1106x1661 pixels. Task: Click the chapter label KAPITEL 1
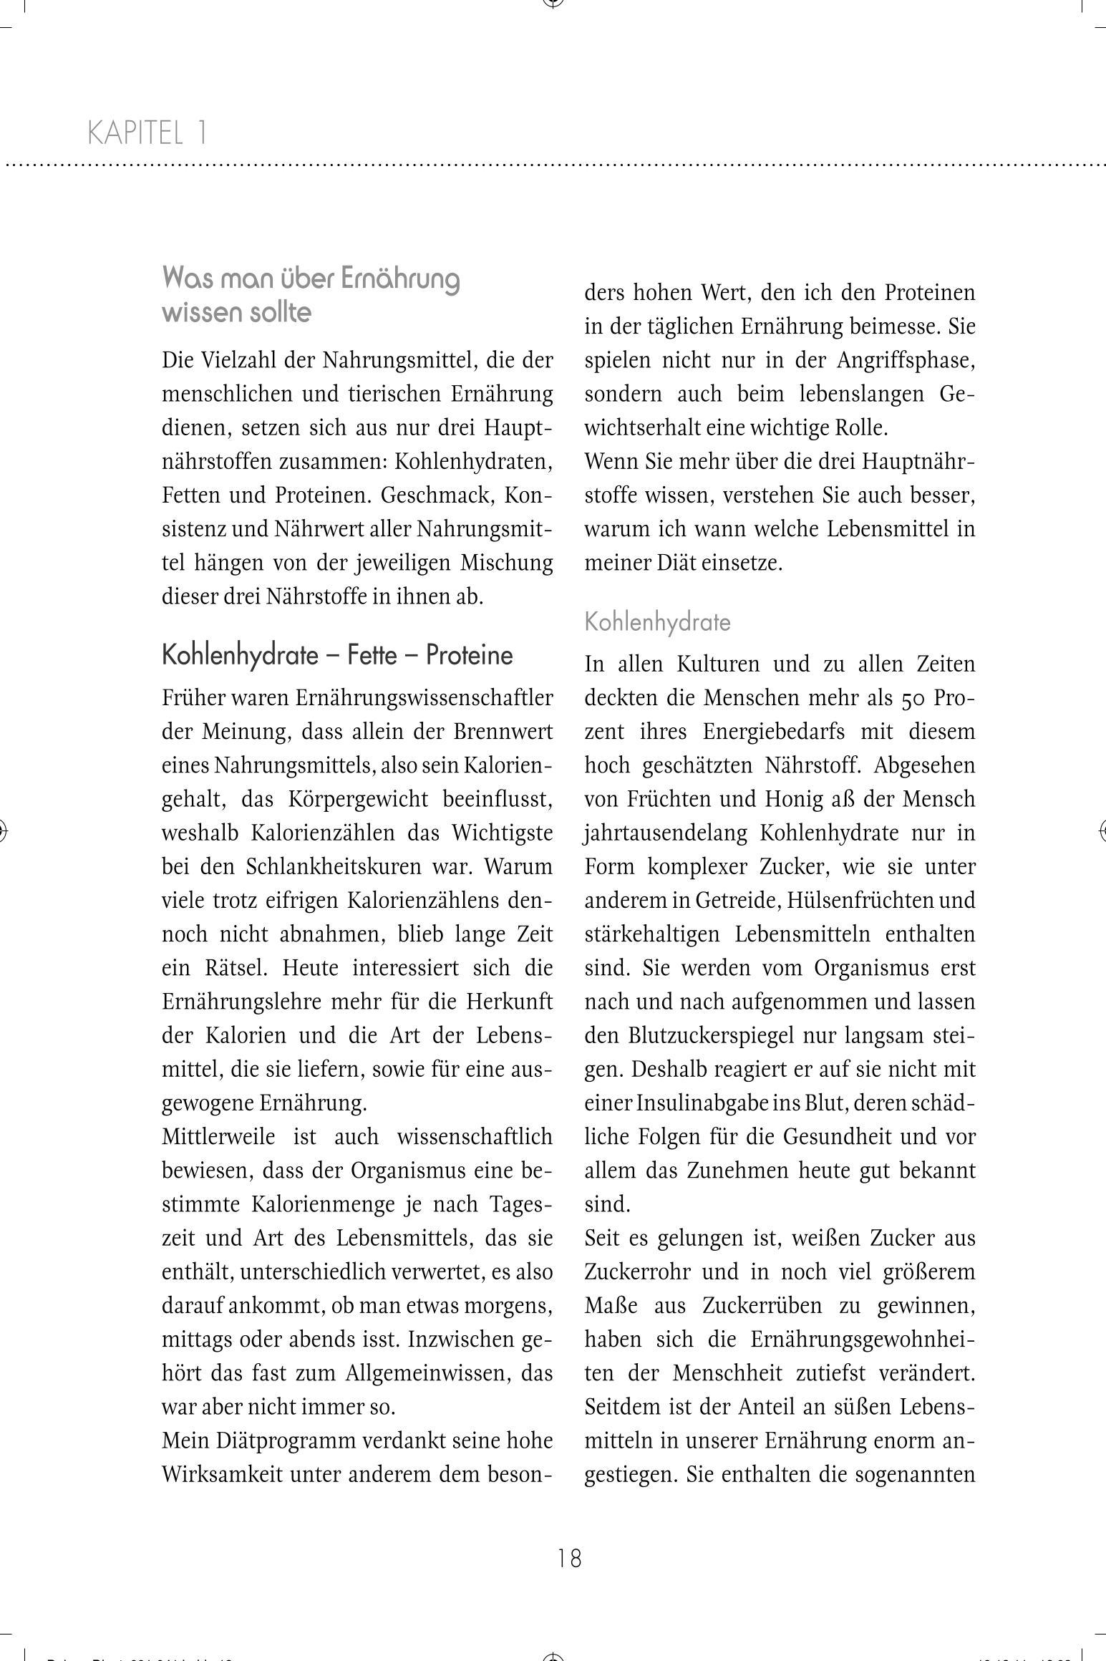click(147, 133)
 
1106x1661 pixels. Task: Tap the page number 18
click(569, 1558)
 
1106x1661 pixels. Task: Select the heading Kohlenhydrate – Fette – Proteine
click(337, 655)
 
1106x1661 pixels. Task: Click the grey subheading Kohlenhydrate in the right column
click(657, 621)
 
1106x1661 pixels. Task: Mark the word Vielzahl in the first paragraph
click(239, 360)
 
